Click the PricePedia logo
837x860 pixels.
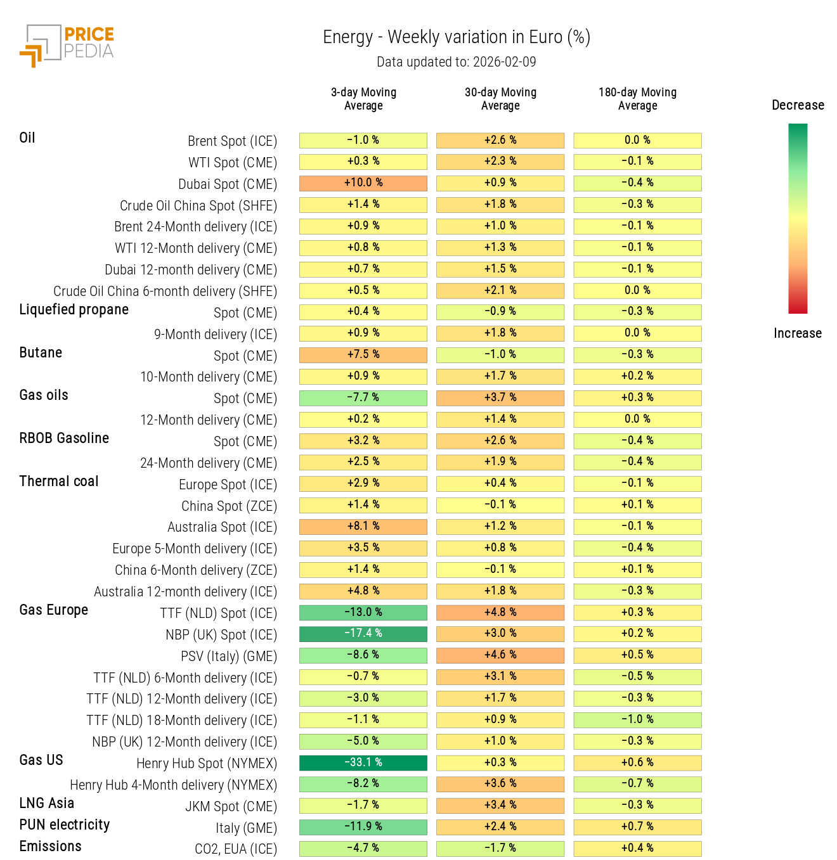67,46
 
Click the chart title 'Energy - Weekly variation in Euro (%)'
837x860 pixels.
456,37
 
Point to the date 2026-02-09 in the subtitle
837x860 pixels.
504,62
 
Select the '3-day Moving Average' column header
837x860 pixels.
363,99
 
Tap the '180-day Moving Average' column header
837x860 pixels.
637,99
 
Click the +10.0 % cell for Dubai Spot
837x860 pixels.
363,183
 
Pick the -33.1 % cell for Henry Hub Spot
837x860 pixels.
363,763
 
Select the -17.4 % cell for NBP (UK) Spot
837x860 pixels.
363,634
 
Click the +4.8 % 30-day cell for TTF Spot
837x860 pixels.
500,613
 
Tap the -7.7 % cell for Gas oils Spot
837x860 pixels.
363,398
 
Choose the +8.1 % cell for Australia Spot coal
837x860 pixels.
363,527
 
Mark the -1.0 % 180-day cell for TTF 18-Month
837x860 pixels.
637,720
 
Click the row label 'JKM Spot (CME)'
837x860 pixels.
231,807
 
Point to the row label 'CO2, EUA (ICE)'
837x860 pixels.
235,849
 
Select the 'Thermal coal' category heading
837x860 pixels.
59,482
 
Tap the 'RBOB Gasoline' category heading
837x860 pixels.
64,439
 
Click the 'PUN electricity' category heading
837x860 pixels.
65,825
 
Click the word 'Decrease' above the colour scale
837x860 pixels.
798,105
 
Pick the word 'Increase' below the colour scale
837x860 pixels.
797,333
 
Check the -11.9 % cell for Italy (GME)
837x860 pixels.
363,827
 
